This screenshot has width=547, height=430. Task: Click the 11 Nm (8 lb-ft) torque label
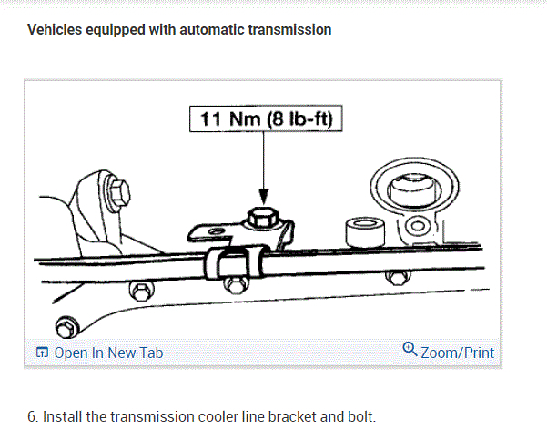pos(266,119)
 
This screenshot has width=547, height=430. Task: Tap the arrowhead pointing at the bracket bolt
pos(264,197)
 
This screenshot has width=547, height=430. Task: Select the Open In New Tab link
pos(108,353)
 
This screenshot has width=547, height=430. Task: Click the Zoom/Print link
pos(458,352)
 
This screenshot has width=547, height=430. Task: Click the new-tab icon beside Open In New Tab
pos(41,353)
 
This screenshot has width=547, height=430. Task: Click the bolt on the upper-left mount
pos(117,192)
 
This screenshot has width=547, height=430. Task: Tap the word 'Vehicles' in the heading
pos(55,30)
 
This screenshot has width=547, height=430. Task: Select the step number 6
pos(32,417)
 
